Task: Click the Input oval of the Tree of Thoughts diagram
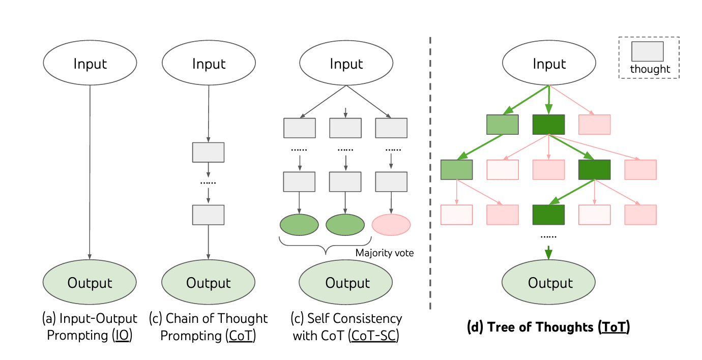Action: (549, 64)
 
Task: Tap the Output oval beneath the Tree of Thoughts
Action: (549, 283)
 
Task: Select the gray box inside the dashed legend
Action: (647, 52)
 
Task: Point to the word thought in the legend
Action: (650, 70)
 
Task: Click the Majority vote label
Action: (385, 253)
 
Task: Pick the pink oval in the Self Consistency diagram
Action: (391, 224)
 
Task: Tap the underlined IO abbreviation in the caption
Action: (122, 336)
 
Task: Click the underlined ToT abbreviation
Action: (613, 327)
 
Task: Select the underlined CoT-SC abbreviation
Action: (373, 336)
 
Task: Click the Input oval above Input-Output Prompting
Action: (90, 64)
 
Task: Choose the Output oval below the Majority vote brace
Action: (345, 283)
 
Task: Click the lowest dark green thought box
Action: (548, 215)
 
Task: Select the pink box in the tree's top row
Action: (595, 125)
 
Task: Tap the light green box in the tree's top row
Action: (502, 125)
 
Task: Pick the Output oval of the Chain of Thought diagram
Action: (208, 283)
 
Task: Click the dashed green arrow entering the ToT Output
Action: (549, 252)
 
